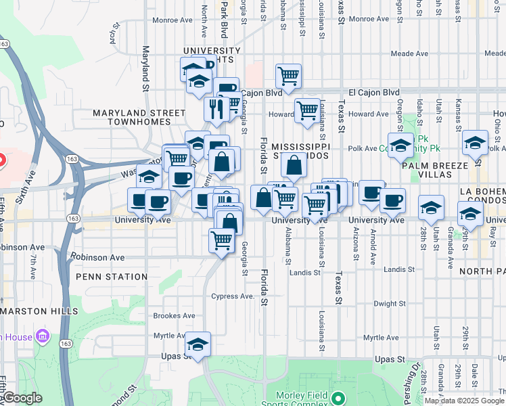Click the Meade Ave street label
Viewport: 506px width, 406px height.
pos(409,53)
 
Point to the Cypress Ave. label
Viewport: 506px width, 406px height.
pos(232,296)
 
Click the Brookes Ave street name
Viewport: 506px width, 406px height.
pos(174,315)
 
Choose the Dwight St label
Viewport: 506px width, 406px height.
pos(389,304)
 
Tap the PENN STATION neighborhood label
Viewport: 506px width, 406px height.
pos(112,277)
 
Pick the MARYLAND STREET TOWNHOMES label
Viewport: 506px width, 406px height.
pos(139,117)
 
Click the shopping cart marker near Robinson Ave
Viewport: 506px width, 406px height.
pos(222,240)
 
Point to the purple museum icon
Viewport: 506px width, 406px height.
pos(43,336)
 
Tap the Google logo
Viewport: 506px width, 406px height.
pos(22,399)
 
